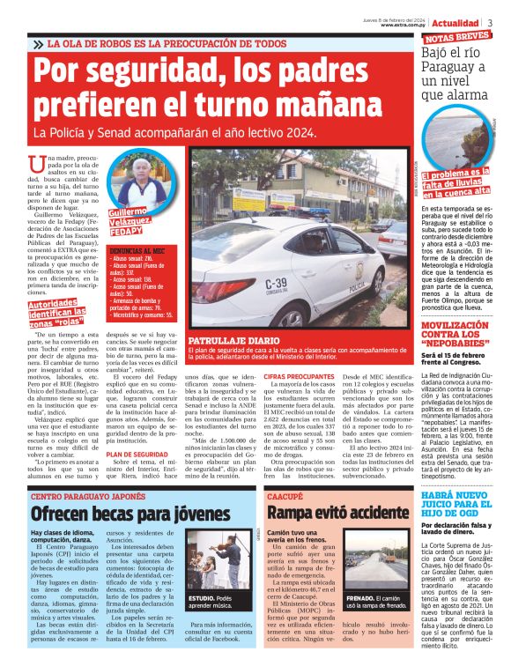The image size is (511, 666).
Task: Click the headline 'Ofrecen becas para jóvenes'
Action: (x=119, y=514)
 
